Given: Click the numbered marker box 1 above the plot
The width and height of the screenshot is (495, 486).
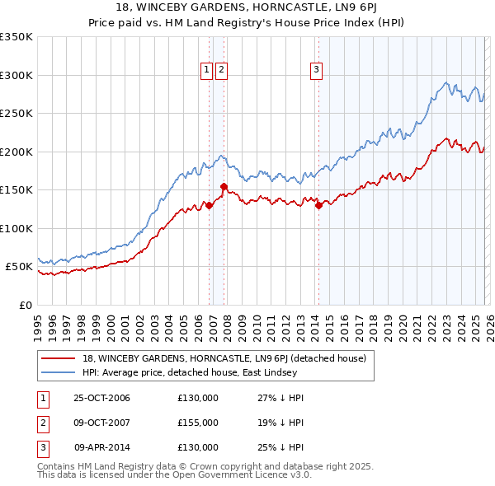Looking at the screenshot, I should click(x=206, y=71).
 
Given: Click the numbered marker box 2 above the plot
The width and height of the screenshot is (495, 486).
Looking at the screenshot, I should click(x=222, y=71).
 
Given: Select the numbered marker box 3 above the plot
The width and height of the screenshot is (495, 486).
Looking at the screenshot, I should click(x=316, y=71).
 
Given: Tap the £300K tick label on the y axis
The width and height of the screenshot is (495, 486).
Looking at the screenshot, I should click(x=16, y=75).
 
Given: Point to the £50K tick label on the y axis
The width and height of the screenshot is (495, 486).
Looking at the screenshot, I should click(x=19, y=267).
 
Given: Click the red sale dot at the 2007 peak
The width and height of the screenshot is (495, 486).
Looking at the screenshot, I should click(x=224, y=187).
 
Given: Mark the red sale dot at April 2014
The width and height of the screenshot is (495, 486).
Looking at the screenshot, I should click(x=318, y=206).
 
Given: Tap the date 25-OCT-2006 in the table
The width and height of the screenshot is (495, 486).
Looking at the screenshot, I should click(x=101, y=399).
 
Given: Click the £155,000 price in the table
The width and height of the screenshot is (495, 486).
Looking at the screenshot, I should click(x=198, y=423).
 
